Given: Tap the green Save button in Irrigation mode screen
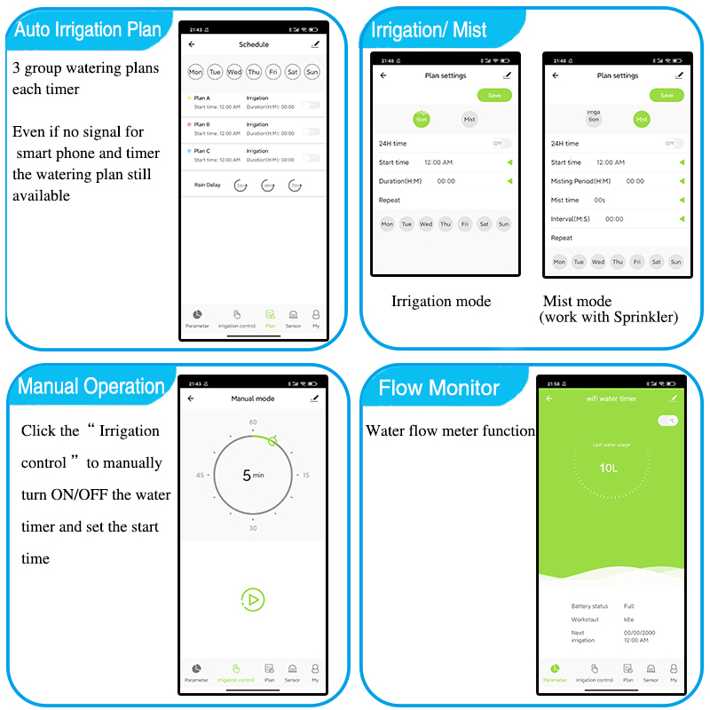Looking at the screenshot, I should (494, 95).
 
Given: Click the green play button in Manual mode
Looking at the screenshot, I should (253, 600).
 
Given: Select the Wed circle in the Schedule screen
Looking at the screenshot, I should (234, 72).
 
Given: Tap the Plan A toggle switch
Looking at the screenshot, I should (311, 105).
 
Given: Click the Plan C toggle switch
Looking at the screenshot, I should (311, 158).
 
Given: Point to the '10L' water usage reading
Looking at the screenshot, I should (608, 468).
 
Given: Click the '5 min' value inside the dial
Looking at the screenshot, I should (253, 476).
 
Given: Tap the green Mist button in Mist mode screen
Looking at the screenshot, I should (642, 119).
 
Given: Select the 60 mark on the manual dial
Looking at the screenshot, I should (253, 422).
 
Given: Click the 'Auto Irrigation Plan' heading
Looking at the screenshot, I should (88, 29).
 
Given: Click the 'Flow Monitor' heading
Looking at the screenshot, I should (438, 388).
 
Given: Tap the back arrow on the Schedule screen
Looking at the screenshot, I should (192, 44).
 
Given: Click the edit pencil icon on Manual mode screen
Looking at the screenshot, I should (314, 399).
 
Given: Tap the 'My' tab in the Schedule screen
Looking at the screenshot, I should (315, 318).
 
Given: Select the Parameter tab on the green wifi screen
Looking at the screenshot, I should (554, 672).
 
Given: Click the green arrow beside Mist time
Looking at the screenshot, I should (682, 201).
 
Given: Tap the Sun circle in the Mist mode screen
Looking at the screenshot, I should (675, 262).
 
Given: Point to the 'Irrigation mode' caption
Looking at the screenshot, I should (441, 302).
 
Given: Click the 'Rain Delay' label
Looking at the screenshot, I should (208, 185).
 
